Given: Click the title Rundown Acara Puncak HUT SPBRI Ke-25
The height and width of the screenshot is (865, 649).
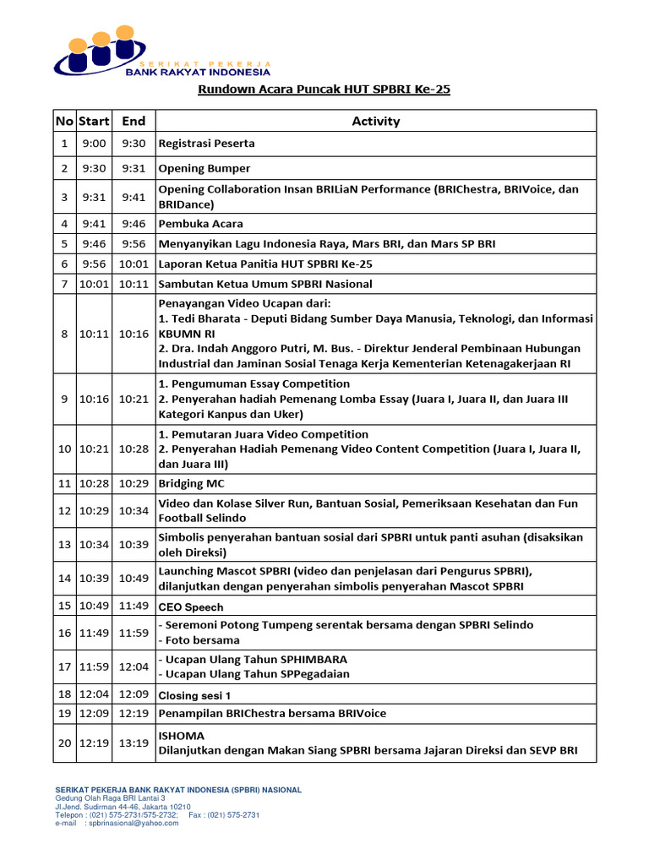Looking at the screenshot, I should coord(324,89).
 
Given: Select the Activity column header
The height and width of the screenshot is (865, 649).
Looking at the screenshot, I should coord(375,121).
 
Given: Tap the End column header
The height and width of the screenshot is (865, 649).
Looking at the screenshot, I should coord(134,121).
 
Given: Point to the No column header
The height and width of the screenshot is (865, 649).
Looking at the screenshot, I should coord(64,121).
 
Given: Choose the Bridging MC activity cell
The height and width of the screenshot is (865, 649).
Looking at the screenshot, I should coord(192,483).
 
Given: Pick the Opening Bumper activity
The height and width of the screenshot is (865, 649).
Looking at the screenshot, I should coord(205,168).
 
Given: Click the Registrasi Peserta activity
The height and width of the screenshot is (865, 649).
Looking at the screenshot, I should coord(207,144).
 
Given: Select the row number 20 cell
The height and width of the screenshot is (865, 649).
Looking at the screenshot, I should coord(64,743).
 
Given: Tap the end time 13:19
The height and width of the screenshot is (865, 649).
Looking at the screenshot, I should coord(134,743).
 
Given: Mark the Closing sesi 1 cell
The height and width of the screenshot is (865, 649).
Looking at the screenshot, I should coord(194,695).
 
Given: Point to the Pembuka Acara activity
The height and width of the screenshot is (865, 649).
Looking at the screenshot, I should coord(201,224).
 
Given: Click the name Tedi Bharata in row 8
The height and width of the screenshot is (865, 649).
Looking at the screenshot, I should coord(206,318).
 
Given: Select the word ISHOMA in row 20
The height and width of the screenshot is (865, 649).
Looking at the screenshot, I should coord(182,736).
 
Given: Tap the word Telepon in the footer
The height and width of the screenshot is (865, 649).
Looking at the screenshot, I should coord(71,815).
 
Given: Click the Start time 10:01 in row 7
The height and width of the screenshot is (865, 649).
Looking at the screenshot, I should coord(94,284).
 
